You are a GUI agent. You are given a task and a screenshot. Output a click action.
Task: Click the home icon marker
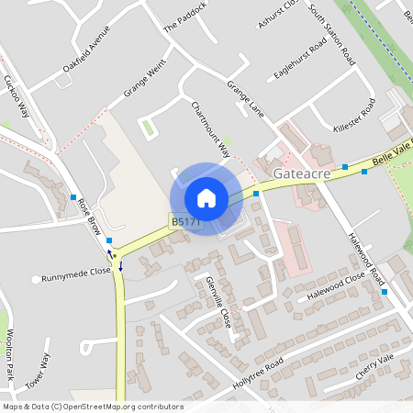[x=206, y=198]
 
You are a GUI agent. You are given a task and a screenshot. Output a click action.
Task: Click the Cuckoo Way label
[x=17, y=96]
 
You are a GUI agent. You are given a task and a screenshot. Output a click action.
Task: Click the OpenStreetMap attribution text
[x=92, y=407]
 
